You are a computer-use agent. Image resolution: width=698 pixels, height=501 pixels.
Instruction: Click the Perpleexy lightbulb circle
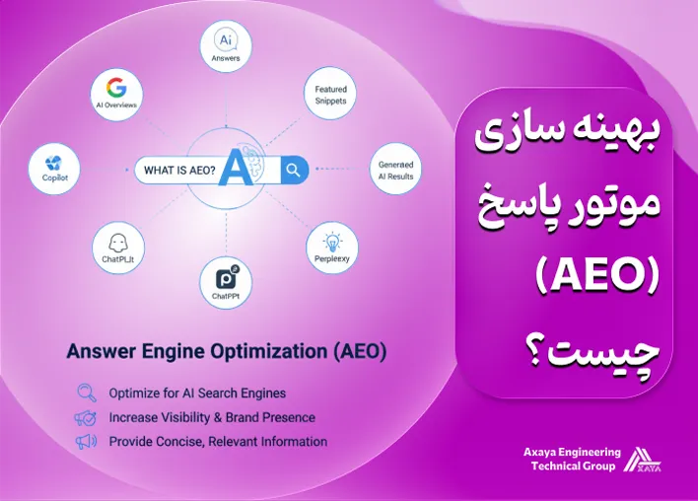point(332,246)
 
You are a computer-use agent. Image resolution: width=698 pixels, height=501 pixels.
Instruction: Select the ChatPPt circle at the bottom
point(226,283)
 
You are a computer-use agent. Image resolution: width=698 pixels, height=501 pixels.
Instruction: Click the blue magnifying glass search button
point(293,170)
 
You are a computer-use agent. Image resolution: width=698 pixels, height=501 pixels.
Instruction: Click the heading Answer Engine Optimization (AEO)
point(226,351)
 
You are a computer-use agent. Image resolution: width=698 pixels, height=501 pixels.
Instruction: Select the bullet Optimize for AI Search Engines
point(197,394)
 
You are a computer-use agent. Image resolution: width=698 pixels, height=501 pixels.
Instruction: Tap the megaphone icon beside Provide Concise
point(85,442)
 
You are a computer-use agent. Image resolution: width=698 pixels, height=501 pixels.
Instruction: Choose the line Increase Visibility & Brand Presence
point(212,417)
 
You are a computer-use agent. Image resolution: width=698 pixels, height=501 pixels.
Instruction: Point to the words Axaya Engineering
point(572,452)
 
